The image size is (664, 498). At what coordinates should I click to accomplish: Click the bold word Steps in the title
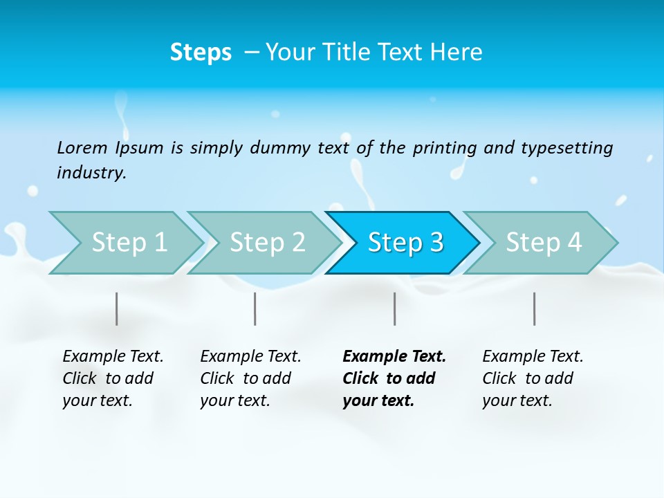[201, 53]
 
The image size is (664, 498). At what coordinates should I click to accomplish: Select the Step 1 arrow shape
[129, 243]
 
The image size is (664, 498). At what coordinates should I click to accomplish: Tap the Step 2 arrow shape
[267, 243]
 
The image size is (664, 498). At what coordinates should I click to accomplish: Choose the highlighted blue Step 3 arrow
[405, 243]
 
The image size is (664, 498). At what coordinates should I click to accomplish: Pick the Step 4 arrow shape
[544, 243]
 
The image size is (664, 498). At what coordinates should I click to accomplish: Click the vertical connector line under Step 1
[117, 308]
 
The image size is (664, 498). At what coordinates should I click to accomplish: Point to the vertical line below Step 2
[255, 308]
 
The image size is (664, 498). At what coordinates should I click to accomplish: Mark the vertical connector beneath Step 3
[395, 308]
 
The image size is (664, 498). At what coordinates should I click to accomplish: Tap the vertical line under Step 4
[535, 308]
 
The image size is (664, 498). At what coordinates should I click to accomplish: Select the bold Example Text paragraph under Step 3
[394, 378]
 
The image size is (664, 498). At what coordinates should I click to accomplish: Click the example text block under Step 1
[113, 378]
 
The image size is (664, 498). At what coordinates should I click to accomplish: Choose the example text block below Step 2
[250, 378]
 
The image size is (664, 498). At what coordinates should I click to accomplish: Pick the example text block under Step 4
[533, 378]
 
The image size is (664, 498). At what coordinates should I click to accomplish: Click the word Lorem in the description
[82, 148]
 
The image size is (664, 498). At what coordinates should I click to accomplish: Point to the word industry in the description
[91, 173]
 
